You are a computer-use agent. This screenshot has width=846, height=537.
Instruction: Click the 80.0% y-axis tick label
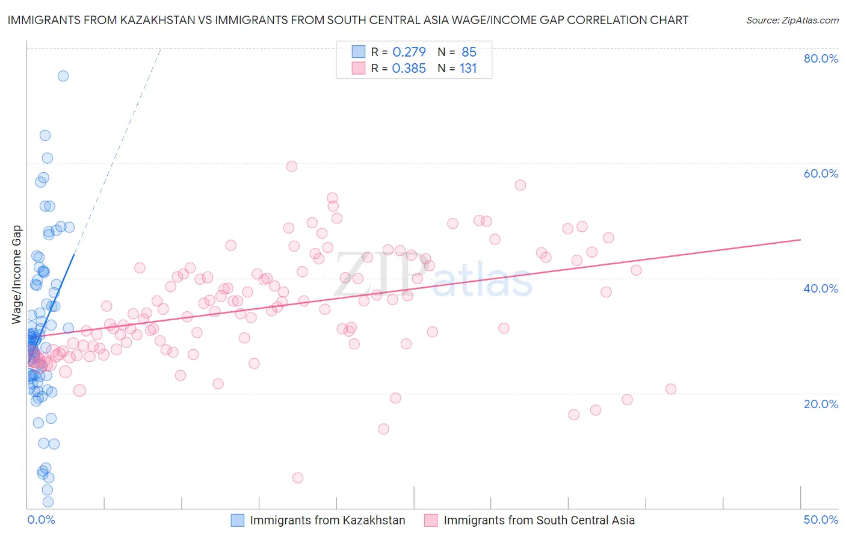tap(820, 58)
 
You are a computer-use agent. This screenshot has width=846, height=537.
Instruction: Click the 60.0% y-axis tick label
tap(820, 173)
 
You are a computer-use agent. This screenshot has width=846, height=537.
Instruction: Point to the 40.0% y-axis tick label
tap(820, 288)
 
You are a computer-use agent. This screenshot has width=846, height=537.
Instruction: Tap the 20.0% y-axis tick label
tap(820, 403)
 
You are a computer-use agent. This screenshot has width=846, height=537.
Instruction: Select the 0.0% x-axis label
tap(41, 520)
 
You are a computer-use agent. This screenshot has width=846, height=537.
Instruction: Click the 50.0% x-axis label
tap(820, 520)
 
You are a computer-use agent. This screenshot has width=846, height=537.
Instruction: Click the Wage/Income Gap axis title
tap(17, 275)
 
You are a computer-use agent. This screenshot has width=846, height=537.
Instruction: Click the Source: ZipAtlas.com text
tap(792, 20)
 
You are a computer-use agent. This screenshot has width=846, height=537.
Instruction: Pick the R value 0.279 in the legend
tap(409, 52)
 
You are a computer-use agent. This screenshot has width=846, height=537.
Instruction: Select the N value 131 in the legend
tap(468, 69)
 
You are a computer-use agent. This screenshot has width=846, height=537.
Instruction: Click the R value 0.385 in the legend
tap(409, 69)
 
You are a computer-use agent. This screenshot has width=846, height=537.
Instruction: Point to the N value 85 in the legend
tap(469, 52)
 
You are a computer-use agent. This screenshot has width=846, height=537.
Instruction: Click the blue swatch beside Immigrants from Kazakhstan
tap(238, 520)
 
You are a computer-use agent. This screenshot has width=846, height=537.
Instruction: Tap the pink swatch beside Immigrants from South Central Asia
tap(431, 520)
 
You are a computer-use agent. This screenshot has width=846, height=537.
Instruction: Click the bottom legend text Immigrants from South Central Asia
tap(539, 520)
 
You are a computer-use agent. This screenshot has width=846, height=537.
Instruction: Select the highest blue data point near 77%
tap(63, 76)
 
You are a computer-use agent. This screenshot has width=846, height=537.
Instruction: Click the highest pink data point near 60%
tap(292, 166)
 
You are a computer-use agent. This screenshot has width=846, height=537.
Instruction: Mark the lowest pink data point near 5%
tap(298, 478)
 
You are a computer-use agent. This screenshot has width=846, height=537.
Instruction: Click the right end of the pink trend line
tap(800, 240)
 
